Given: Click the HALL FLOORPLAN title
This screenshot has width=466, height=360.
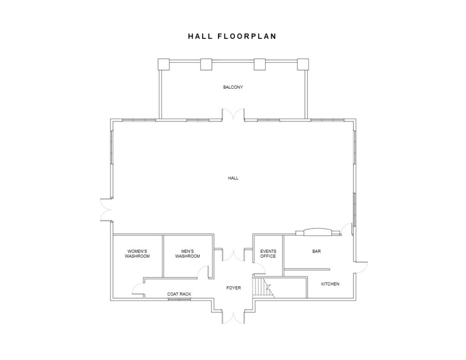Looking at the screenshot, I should [232, 36].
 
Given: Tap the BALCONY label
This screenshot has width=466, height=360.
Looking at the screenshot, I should [233, 87].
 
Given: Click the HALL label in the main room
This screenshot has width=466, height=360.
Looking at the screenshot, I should [233, 178].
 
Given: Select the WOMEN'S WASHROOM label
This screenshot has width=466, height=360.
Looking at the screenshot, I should [137, 254].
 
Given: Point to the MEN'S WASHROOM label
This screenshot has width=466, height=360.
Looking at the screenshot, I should [188, 254].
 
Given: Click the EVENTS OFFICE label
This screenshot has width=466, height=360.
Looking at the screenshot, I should [268, 254].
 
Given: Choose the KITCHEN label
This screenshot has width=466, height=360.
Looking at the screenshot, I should [330, 284].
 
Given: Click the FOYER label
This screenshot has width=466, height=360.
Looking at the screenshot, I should [233, 288].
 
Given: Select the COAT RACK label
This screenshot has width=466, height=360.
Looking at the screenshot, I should [179, 294].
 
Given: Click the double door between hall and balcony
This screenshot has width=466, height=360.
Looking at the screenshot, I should [233, 116].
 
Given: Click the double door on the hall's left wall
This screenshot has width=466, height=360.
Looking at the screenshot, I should [106, 210].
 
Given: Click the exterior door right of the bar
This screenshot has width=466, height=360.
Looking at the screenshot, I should [361, 267].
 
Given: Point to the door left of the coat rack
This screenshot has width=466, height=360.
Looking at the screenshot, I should [138, 289].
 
